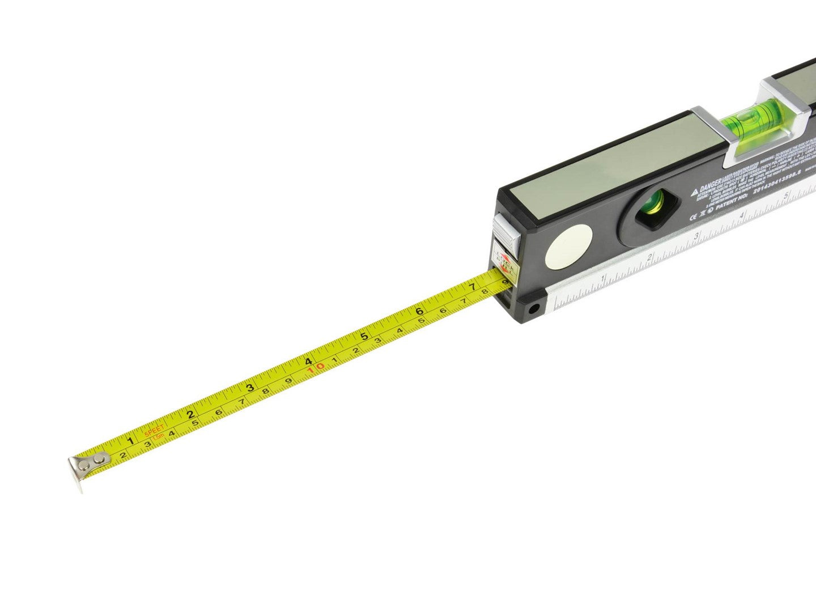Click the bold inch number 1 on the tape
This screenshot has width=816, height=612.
click(x=130, y=440)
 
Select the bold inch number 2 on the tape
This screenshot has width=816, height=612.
click(x=190, y=414)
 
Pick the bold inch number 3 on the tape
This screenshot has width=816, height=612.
click(x=249, y=388)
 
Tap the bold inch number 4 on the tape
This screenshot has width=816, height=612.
click(x=308, y=362)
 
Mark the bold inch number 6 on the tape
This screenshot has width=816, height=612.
click(x=419, y=311)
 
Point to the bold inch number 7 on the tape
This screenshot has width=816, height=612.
click(x=471, y=287)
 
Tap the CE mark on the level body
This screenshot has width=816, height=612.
click(x=693, y=216)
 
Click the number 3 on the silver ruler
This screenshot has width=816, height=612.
click(x=696, y=236)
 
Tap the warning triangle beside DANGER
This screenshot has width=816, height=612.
click(x=694, y=193)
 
